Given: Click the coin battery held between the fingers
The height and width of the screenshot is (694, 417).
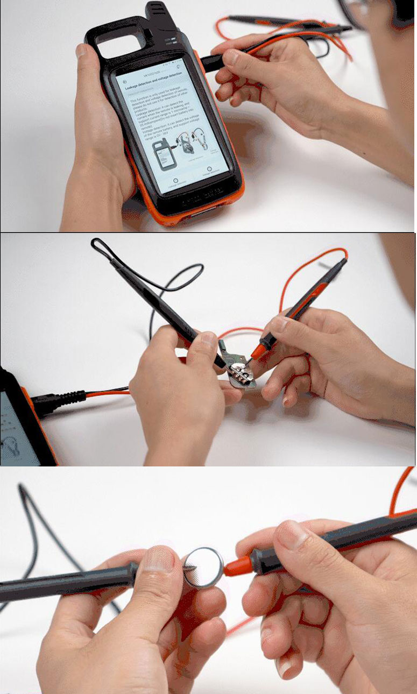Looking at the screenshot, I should point(204,566).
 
